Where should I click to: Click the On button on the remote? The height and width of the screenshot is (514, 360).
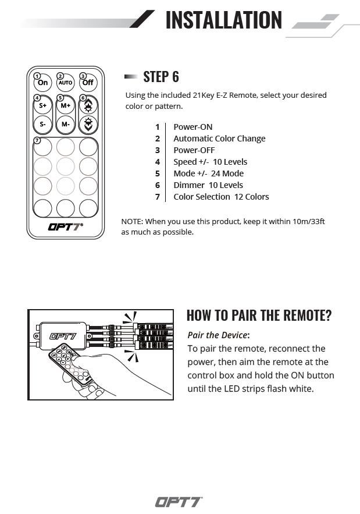tap(43, 83)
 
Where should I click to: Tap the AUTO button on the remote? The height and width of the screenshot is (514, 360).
tap(65, 83)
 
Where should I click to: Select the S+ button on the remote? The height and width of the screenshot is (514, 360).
tap(43, 106)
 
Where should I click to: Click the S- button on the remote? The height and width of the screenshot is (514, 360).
tap(43, 124)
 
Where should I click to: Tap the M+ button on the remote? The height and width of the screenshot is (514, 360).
tap(65, 106)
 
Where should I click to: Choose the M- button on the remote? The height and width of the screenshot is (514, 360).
tap(65, 124)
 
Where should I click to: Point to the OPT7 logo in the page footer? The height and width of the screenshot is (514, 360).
tap(179, 502)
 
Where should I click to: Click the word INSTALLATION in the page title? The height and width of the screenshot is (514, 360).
tap(223, 20)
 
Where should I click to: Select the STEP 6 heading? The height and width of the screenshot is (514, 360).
tap(161, 77)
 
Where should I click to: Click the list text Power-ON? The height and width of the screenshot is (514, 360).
tap(193, 127)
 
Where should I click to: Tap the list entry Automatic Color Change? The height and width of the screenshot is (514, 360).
tap(219, 139)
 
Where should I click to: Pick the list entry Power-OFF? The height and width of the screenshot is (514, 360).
tap(194, 150)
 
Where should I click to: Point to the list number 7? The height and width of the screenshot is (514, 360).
tap(157, 197)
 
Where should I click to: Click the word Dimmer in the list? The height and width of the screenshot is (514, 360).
tap(186, 185)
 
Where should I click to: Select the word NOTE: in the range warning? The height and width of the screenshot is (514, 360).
tap(132, 221)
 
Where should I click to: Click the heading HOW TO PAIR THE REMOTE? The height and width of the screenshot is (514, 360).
tap(259, 316)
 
